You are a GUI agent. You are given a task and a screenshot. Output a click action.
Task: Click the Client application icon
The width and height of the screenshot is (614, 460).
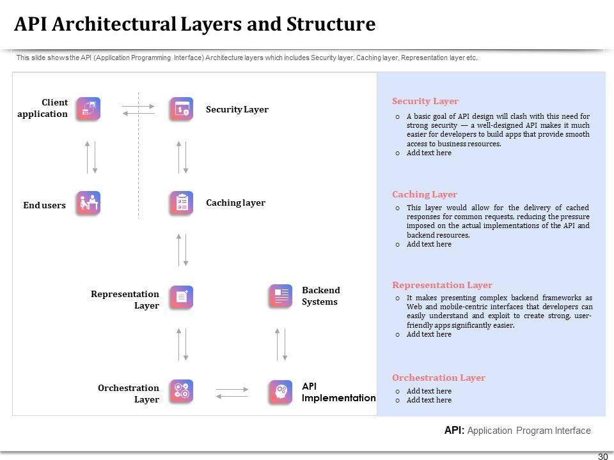click(88, 109)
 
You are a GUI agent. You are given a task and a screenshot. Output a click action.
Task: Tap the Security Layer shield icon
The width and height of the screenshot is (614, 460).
click(182, 109)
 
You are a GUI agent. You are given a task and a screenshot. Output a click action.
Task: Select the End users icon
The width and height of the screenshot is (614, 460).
click(88, 203)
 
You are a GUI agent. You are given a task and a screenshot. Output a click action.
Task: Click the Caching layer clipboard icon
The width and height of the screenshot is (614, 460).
click(182, 203)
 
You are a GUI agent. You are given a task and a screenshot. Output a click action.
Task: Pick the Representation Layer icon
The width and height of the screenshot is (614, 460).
click(182, 297)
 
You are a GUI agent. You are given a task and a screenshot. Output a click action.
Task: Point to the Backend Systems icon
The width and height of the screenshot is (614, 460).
click(280, 296)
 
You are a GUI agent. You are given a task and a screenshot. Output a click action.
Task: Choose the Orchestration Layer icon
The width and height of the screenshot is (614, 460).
click(182, 391)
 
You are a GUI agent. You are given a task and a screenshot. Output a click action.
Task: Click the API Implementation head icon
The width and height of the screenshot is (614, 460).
click(280, 392)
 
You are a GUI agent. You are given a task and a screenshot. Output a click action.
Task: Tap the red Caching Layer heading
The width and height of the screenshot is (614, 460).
click(425, 194)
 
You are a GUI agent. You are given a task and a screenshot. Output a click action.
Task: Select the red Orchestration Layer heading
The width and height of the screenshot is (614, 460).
click(439, 378)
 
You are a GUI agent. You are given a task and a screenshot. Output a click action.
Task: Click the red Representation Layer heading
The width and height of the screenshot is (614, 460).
click(442, 285)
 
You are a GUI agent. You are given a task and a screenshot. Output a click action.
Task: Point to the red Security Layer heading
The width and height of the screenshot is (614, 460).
click(425, 101)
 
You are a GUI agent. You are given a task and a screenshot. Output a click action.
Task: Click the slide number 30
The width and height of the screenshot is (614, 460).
click(602, 456)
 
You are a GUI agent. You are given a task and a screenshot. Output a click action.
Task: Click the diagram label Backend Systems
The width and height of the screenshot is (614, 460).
click(320, 296)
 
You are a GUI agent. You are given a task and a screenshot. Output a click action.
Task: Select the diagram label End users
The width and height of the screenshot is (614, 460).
click(45, 205)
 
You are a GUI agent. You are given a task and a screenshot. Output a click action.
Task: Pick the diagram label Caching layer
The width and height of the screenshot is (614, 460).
click(235, 203)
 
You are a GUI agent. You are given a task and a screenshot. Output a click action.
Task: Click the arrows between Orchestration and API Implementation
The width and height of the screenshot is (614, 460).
click(232, 392)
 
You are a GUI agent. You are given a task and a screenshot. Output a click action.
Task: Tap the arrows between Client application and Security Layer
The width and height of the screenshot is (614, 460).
click(138, 109)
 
